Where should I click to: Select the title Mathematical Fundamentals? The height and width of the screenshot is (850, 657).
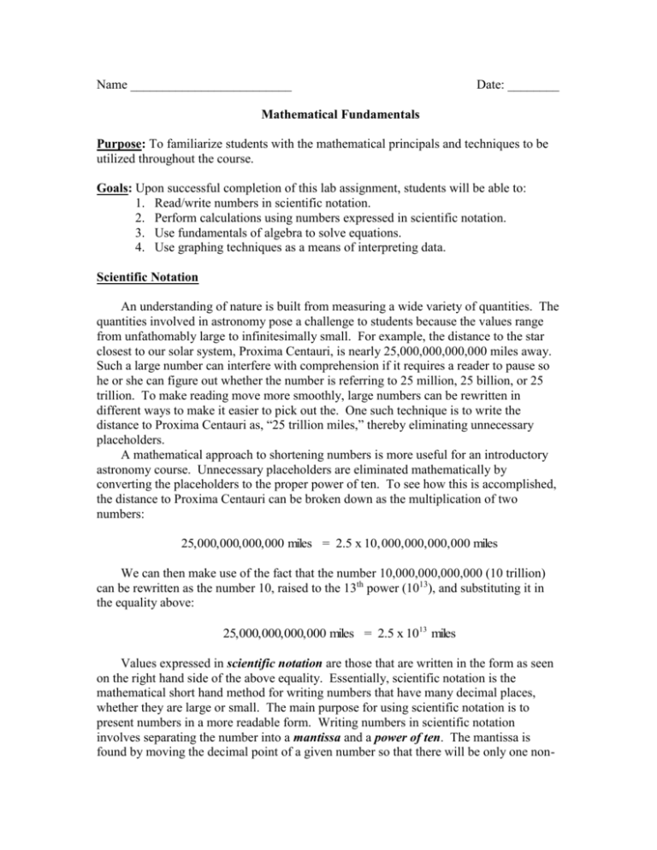328,114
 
